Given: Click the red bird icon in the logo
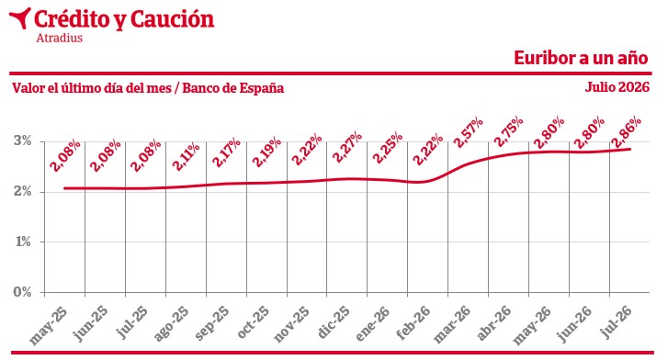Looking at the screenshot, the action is tap(20, 17).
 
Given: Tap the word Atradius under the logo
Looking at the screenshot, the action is tap(59, 38).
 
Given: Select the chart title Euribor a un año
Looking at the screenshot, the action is tap(581, 58).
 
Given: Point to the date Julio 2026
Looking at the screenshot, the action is tap(617, 87).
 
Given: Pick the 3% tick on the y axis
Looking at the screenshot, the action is tap(22, 141).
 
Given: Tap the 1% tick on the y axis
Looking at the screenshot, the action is tap(23, 242).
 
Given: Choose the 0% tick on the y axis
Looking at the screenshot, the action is tap(22, 292).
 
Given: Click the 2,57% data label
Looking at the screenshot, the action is tap(468, 132).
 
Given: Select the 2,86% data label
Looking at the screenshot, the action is tap(626, 131).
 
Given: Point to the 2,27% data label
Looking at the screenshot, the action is tap(346, 147).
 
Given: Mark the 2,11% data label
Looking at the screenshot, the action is tap(185, 156).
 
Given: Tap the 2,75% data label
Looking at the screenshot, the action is tap(508, 130).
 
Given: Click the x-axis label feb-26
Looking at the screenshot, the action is tap(413, 322).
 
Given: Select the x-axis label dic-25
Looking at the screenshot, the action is tap(334, 321).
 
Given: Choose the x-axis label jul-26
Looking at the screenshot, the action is tap(617, 321).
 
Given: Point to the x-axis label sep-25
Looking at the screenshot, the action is tap(211, 323).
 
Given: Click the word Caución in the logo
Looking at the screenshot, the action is tap(172, 19).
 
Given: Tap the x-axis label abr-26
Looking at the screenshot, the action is tap(493, 322).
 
